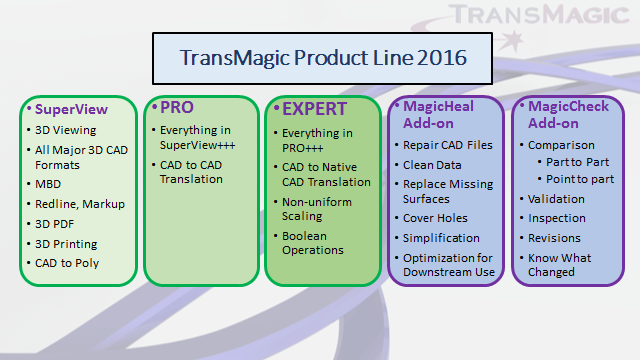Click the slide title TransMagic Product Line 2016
pyautogui.click(x=322, y=57)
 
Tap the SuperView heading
pyautogui.click(x=66, y=108)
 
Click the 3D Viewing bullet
pyautogui.click(x=65, y=131)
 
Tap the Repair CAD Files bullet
pyautogui.click(x=447, y=145)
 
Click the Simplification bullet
pyautogui.click(x=442, y=238)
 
